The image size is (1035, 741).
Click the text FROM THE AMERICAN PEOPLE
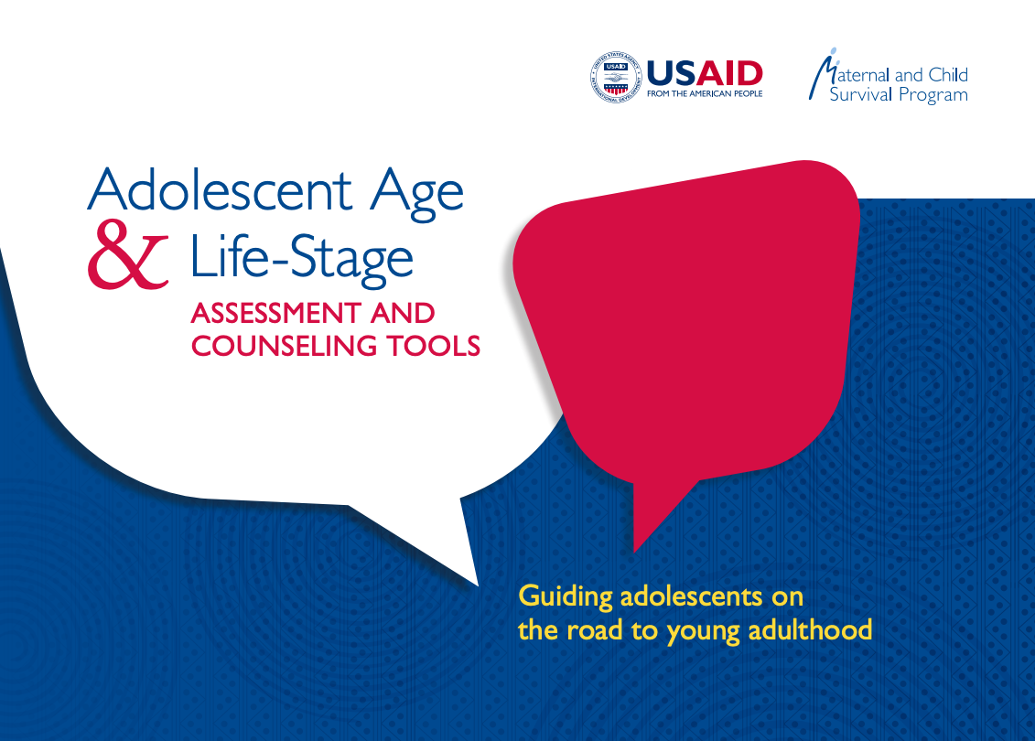click(704, 93)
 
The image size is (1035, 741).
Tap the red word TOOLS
click(437, 346)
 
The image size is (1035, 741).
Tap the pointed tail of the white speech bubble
click(472, 577)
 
